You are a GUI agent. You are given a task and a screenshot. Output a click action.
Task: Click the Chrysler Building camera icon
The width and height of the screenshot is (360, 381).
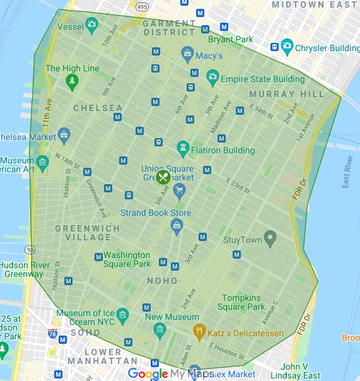click(x=287, y=47)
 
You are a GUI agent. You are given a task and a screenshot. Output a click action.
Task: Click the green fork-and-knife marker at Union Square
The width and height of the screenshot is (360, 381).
click(x=163, y=177)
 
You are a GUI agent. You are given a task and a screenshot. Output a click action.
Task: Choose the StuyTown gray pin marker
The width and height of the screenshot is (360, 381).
click(x=270, y=238)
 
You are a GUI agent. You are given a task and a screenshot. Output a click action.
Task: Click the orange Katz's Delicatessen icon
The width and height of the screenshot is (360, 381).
click(x=200, y=331)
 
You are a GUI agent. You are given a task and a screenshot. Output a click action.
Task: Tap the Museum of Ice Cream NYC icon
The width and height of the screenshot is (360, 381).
click(x=123, y=314)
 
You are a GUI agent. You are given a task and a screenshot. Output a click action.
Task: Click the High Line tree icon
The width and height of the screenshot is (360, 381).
click(x=73, y=81)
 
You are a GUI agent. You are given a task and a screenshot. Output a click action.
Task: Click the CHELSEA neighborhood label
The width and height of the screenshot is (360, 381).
click(x=98, y=108)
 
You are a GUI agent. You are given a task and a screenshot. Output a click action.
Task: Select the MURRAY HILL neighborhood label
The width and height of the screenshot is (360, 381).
click(x=287, y=94)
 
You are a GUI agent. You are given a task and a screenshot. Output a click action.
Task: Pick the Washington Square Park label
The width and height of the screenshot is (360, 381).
click(x=127, y=259)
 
